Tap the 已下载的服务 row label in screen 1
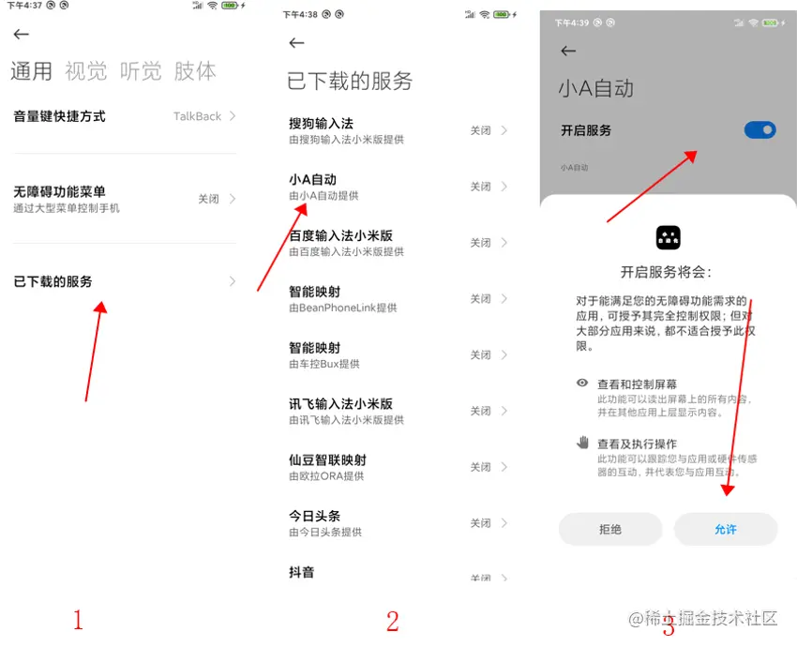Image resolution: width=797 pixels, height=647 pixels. click(x=53, y=281)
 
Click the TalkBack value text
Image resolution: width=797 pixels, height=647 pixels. click(x=197, y=116)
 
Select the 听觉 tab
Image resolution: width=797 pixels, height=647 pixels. click(x=141, y=71)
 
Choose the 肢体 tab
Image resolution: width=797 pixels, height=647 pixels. click(x=195, y=71)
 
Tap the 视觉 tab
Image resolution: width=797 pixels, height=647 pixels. click(x=86, y=71)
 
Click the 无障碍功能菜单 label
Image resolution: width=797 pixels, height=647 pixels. click(x=59, y=191)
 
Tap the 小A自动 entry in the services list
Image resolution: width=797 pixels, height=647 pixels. click(x=312, y=179)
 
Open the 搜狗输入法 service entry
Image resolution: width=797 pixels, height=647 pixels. click(x=321, y=124)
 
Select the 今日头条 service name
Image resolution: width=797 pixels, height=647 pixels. click(x=314, y=516)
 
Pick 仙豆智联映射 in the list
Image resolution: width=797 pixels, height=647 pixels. click(x=327, y=460)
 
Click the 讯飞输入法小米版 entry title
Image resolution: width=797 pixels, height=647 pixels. click(x=340, y=404)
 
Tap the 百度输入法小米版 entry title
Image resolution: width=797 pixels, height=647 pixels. click(x=340, y=236)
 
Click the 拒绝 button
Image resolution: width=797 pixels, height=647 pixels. click(x=610, y=529)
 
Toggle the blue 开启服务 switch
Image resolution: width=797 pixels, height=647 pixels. click(x=759, y=130)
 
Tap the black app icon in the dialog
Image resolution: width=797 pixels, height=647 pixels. click(x=668, y=237)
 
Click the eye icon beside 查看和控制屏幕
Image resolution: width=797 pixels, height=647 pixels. click(x=582, y=383)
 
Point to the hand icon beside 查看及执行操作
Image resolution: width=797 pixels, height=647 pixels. click(x=582, y=443)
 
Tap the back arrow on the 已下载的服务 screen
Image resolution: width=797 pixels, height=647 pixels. click(x=296, y=43)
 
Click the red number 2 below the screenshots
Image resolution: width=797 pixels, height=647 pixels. click(x=392, y=621)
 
